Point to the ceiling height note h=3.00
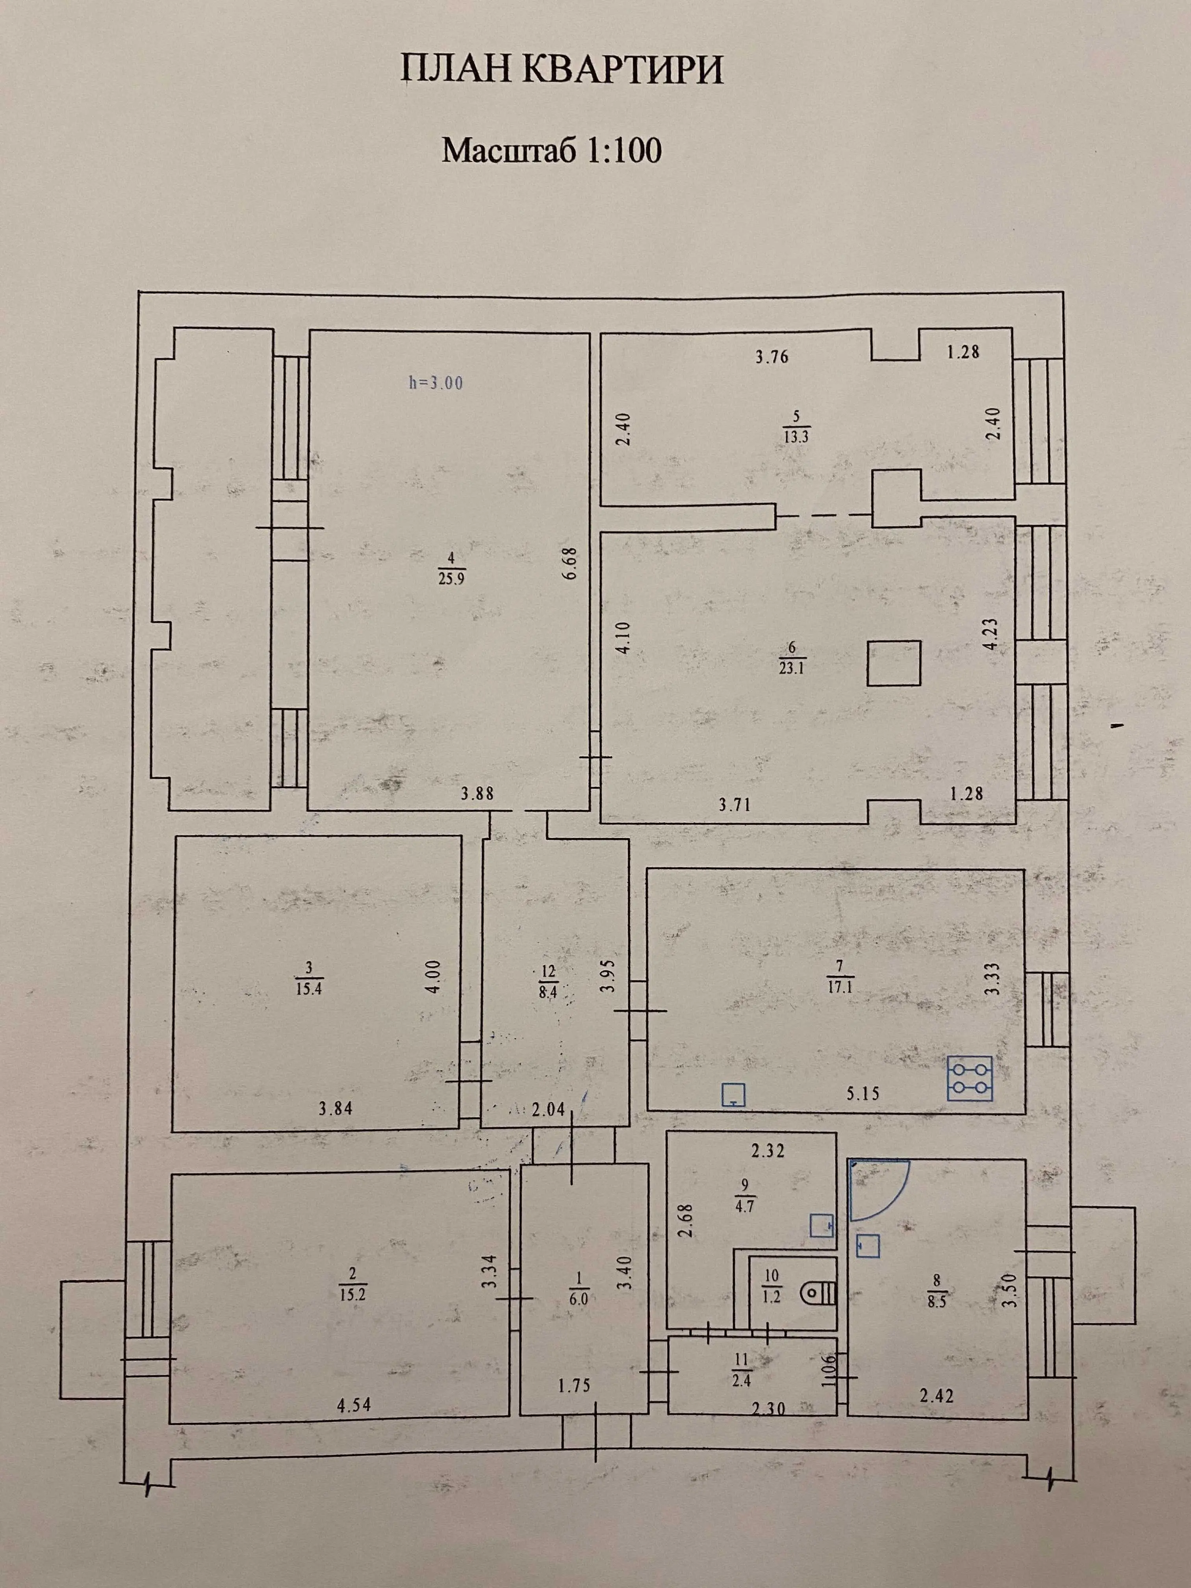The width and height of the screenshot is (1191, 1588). pos(436,383)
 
